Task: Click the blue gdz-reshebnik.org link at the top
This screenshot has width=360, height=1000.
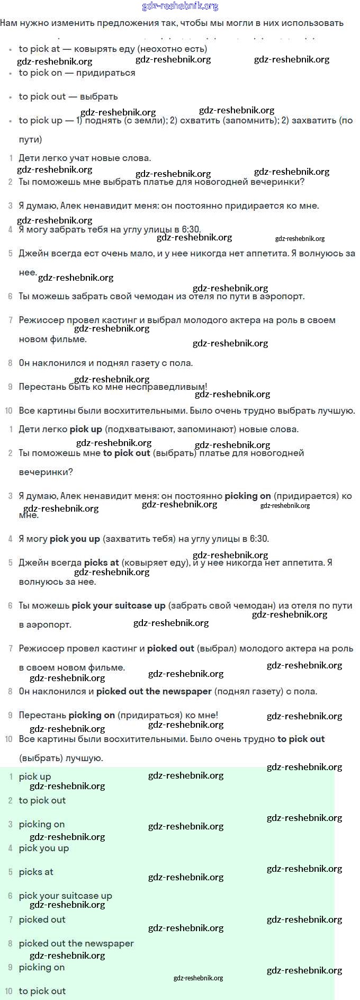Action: coord(180,6)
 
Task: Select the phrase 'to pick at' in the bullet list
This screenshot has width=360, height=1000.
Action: coord(39,49)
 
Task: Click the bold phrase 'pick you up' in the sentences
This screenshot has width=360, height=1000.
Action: coord(75,539)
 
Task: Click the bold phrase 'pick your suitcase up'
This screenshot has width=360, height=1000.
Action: coord(119,605)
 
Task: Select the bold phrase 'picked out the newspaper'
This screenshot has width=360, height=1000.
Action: coord(154,691)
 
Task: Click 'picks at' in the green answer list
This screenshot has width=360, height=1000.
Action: coord(36,872)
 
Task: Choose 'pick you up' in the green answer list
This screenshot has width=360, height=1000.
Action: coord(44,848)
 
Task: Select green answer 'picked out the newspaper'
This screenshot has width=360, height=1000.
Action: coord(76,943)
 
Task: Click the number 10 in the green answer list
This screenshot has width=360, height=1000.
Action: coord(8,991)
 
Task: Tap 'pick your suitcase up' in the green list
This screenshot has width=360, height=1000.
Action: coord(66,896)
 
